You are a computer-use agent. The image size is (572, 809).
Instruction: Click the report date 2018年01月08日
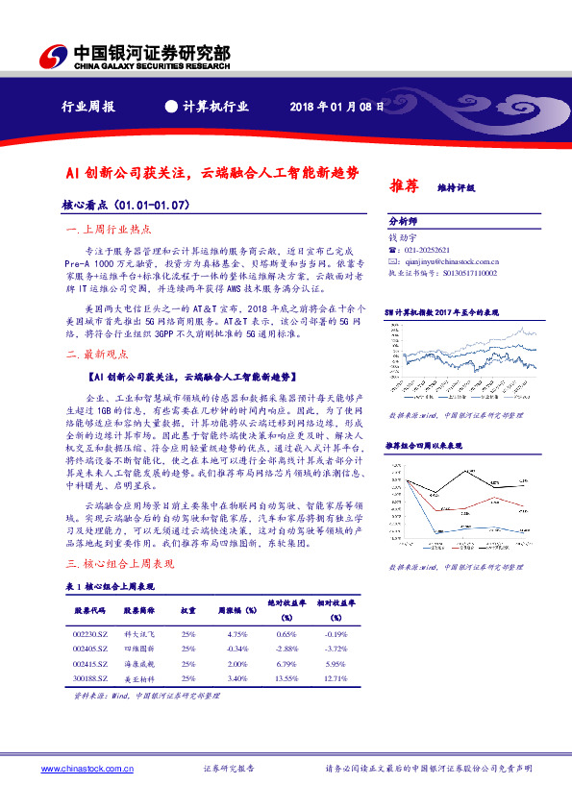pos(336,106)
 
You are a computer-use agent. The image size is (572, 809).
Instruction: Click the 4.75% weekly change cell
pos(234,634)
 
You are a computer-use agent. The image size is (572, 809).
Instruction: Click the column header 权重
pos(189,610)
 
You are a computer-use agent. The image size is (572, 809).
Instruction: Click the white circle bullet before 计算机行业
pos(171,106)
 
